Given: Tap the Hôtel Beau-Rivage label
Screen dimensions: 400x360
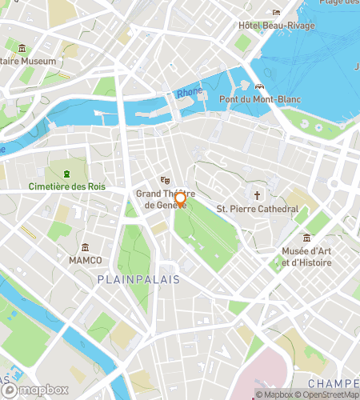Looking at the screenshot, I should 276,26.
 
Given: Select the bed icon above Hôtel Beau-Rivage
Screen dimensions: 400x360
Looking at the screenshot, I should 276,12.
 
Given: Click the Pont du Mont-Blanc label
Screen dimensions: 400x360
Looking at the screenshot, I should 259,99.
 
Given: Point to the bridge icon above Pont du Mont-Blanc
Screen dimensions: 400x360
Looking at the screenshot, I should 259,86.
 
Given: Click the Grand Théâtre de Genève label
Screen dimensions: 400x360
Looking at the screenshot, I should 160,199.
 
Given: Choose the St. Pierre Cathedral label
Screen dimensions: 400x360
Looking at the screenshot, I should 258,210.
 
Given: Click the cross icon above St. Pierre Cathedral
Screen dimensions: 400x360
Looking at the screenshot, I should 258,195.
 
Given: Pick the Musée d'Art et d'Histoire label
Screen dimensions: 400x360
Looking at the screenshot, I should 307,257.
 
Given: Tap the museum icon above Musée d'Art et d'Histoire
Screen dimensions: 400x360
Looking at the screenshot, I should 307,238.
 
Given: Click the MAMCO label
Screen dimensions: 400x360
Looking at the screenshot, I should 86,261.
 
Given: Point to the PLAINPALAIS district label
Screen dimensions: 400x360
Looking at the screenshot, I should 138,279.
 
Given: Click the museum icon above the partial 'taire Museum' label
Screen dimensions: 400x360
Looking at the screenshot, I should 22,48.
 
